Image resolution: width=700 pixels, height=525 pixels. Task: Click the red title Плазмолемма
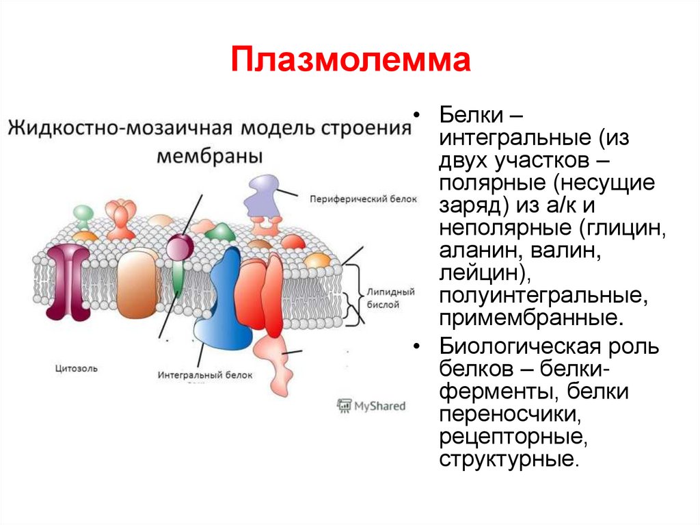pos(350,61)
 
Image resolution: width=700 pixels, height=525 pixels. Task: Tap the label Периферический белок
pos(353,199)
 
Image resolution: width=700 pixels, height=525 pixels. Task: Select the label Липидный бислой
pos(391,298)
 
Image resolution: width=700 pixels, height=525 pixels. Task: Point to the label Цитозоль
pos(76,368)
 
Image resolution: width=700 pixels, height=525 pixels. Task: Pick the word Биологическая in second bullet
pos(530,346)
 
